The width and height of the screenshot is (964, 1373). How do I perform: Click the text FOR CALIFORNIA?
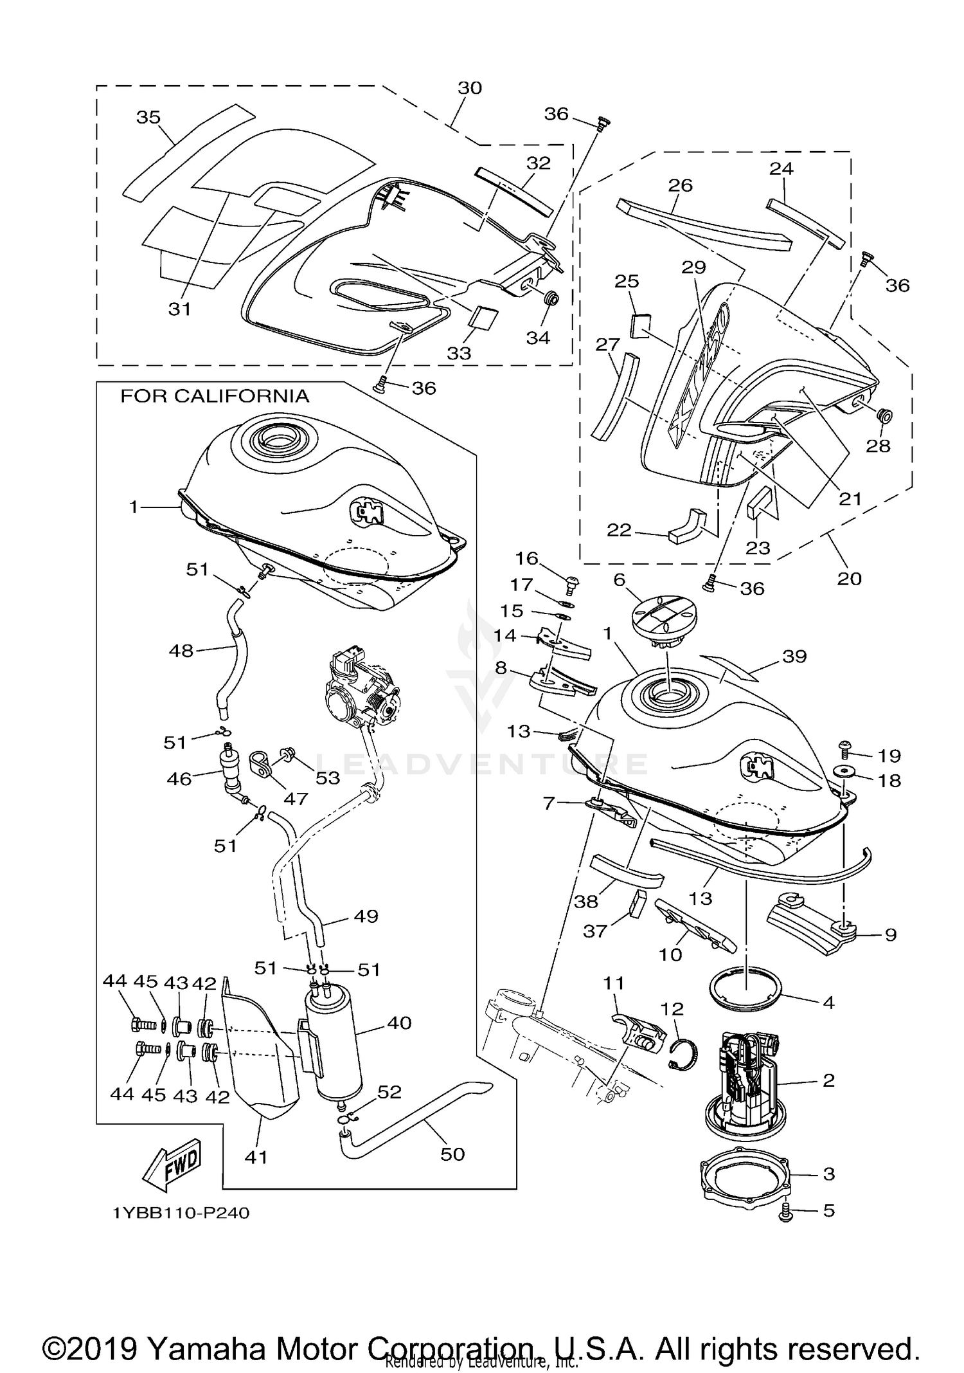point(215,396)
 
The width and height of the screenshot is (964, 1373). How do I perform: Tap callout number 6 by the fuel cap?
point(619,579)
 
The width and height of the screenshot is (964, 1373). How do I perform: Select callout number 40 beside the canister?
point(399,1023)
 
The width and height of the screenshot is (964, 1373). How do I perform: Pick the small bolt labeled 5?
point(785,1212)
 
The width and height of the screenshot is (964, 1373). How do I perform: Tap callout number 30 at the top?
point(470,88)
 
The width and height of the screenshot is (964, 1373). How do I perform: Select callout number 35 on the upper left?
point(148,117)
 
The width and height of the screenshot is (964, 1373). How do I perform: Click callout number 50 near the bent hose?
point(452,1154)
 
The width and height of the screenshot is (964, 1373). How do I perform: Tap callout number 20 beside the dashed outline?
point(849,578)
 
